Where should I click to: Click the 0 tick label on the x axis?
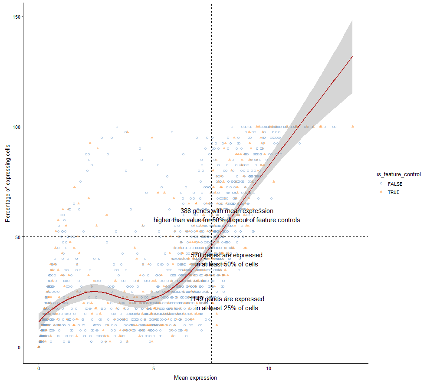[39, 368]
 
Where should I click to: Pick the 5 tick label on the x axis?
[154, 368]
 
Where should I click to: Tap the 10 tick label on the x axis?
[269, 368]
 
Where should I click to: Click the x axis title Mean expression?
[195, 378]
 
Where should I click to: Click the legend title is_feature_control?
[398, 174]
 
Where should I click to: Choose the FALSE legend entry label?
[395, 184]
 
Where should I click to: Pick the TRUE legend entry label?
[394, 192]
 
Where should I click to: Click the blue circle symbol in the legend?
[381, 184]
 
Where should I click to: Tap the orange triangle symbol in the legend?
[381, 192]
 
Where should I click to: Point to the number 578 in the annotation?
[196, 255]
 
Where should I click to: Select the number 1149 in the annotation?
[197, 299]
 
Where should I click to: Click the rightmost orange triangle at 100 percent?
[353, 126]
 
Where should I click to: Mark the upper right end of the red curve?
[352, 56]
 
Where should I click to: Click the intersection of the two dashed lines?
[211, 236]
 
